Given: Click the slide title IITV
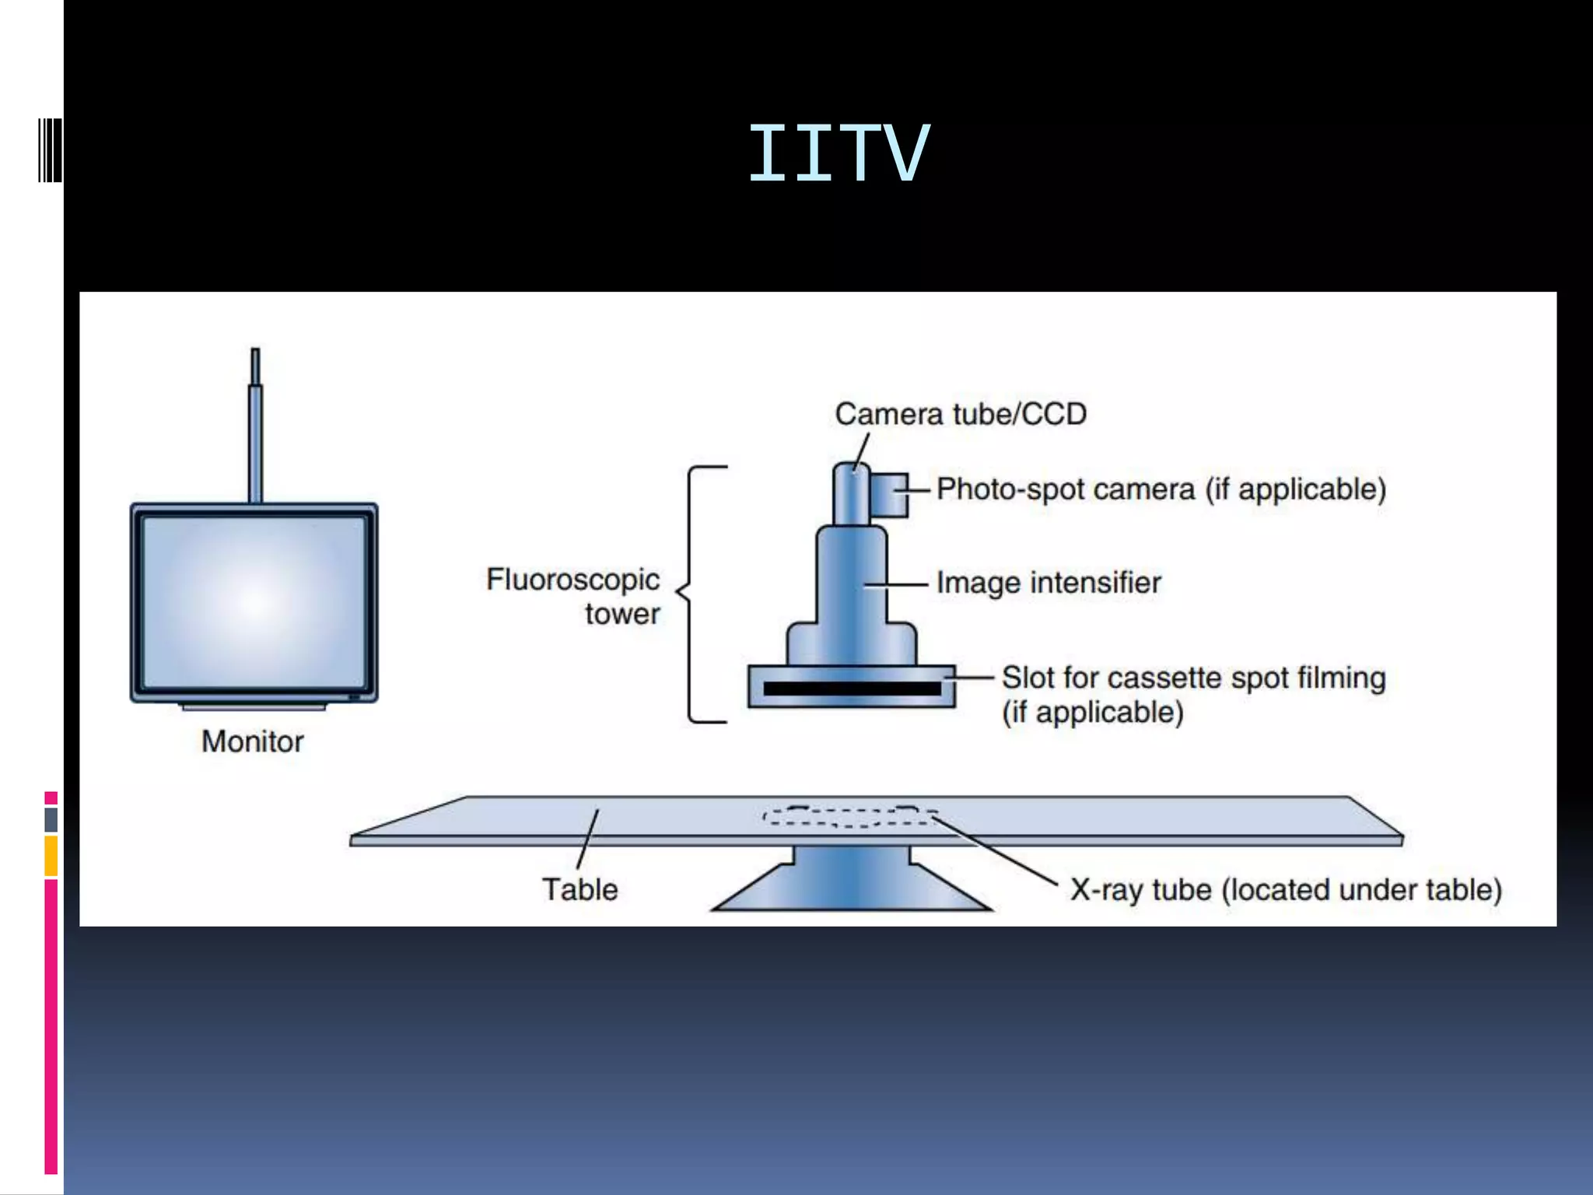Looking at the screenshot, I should click(838, 154).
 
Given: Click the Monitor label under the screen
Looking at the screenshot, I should click(252, 741).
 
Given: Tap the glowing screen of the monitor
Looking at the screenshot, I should click(254, 601).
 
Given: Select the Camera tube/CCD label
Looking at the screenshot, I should click(961, 414).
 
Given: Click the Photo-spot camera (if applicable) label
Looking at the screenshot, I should click(1161, 489).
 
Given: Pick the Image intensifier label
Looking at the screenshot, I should click(1048, 583).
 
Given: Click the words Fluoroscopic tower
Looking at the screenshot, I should click(573, 595).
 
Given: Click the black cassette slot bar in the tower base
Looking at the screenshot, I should click(852, 689).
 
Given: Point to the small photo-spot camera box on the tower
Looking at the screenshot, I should click(889, 495).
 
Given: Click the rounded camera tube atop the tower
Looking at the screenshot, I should click(851, 495).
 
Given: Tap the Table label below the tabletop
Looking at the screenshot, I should click(579, 889).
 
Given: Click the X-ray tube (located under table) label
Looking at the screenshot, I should click(1285, 890).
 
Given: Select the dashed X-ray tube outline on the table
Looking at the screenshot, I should click(851, 816).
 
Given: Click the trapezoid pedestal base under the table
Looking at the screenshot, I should click(851, 887).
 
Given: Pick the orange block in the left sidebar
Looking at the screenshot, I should click(51, 856).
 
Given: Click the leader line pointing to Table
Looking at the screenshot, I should click(588, 839).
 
